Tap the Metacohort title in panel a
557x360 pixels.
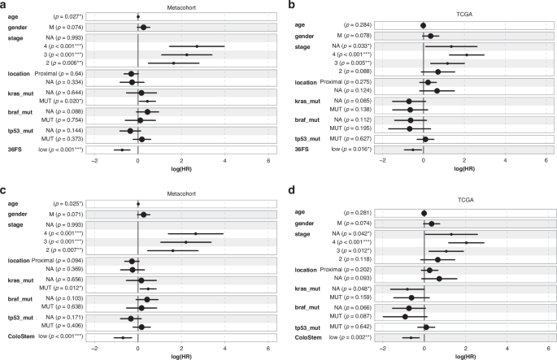[181, 7]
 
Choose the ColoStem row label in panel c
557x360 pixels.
[18, 337]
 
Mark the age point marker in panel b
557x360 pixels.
[424, 25]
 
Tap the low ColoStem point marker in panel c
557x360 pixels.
[123, 337]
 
